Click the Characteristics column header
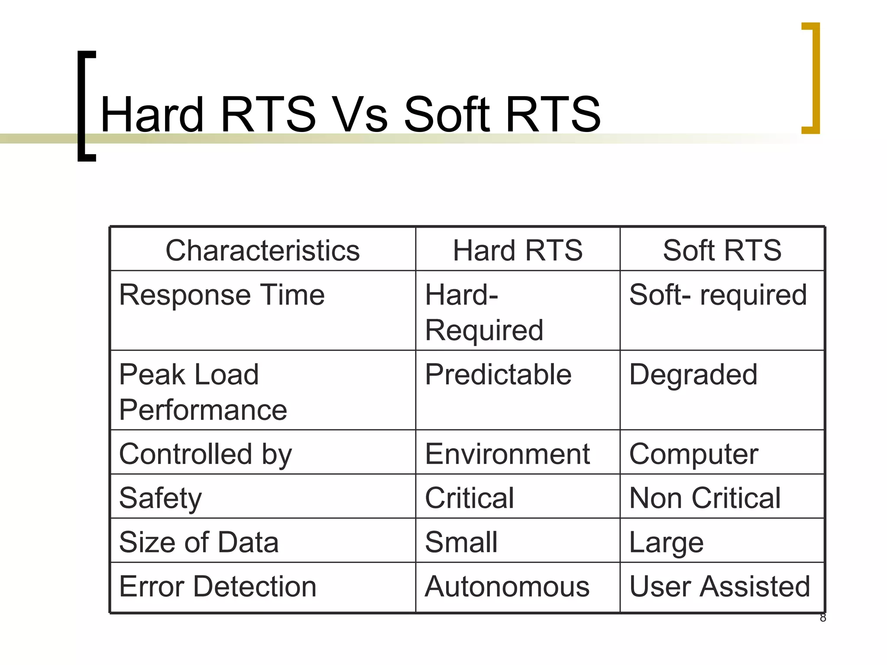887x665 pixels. pos(262,250)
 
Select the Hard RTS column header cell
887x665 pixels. pos(518,250)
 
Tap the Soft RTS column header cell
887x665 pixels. pos(722,250)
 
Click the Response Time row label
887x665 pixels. pos(222,295)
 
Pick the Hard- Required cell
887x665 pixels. pos(484,312)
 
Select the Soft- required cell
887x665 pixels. pos(718,295)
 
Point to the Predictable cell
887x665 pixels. pos(498,374)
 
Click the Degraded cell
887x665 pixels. pos(693,374)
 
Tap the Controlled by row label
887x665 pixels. pos(205,454)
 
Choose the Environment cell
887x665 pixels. pos(507,454)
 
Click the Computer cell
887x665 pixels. pos(693,454)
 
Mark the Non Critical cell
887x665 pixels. pos(705,498)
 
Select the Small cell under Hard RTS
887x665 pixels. pos(461,542)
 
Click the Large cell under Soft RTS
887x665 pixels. pos(666,542)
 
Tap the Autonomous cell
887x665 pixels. pos(507,587)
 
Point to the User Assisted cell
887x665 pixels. pos(719,587)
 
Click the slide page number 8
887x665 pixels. pos(823,618)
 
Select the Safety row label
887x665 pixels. pos(160,498)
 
